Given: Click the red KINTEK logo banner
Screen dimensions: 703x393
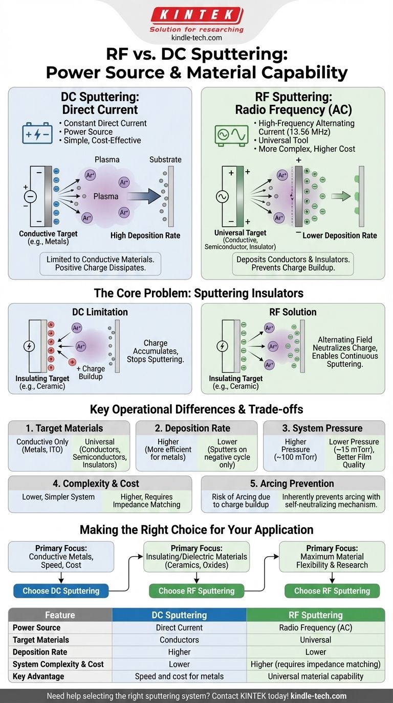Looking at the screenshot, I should (196, 15).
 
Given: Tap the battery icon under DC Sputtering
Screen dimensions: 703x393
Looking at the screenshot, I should (37, 132).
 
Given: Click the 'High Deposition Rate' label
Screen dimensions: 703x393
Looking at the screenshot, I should (145, 236).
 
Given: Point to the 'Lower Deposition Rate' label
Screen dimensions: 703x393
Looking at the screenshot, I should (340, 236).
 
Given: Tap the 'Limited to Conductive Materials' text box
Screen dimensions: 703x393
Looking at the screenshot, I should (100, 264).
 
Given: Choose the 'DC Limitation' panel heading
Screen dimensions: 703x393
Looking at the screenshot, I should (100, 312).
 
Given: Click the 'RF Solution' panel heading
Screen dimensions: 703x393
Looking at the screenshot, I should (292, 312).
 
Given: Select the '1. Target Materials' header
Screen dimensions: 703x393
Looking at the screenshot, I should (69, 428).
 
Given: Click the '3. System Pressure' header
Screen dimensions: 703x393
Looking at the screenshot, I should (323, 428).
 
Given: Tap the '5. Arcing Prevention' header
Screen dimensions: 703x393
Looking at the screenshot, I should (293, 483).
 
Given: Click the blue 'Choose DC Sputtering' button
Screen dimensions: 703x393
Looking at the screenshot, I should (61, 591).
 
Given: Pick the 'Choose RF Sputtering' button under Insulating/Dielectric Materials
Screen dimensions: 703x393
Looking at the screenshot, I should (196, 591).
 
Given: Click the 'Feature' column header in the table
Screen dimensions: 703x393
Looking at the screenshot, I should (60, 615).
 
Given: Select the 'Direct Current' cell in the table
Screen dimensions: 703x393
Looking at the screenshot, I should (179, 627).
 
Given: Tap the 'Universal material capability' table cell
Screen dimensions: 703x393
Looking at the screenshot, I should (316, 676).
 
